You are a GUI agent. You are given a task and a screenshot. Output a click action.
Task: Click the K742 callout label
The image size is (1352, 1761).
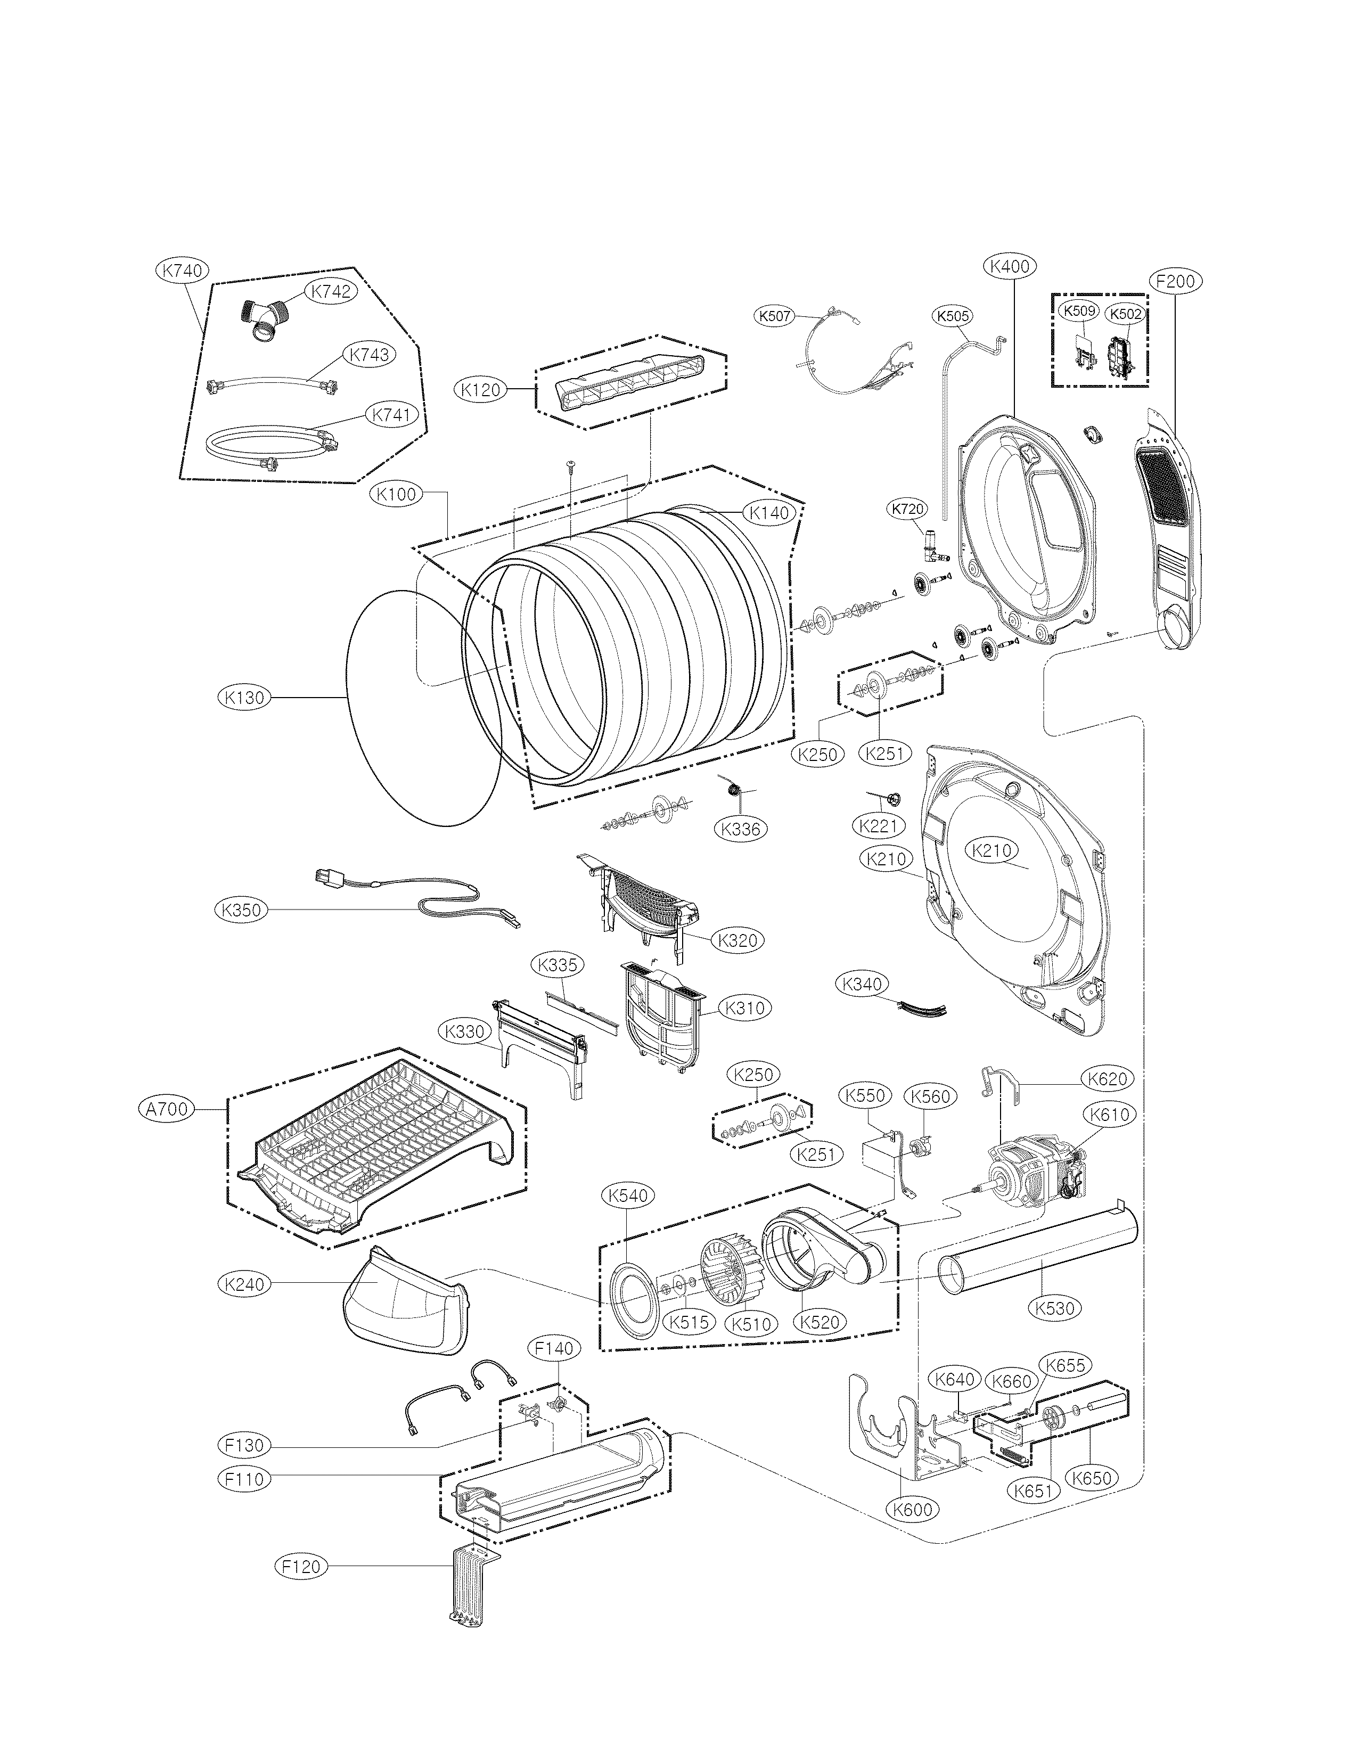331,291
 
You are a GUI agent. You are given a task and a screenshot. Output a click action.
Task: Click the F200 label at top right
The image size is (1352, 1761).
1176,282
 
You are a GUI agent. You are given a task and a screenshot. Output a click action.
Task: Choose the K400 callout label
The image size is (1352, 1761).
1011,266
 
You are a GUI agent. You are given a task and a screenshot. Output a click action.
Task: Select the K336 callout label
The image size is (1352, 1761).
741,828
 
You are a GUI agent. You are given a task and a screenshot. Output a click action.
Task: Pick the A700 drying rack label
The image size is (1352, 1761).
167,1109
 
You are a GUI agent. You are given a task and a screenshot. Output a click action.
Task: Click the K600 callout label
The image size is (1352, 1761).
913,1509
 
